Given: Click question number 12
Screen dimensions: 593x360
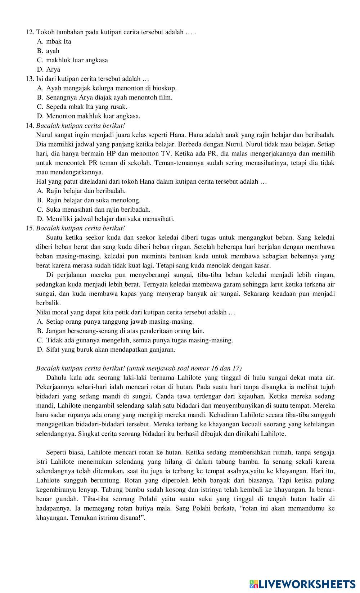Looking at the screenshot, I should (x=30, y=32).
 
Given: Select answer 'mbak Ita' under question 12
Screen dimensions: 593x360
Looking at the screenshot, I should (x=59, y=41).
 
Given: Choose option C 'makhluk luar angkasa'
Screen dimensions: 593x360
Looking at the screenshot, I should (x=77, y=60).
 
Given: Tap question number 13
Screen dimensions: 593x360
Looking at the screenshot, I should (x=30, y=78).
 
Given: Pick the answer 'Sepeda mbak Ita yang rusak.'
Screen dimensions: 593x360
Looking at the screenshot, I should (x=86, y=107).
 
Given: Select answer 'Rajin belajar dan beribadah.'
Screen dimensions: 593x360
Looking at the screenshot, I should (x=86, y=190).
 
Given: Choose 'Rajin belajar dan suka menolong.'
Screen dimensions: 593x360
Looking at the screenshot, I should (x=93, y=200).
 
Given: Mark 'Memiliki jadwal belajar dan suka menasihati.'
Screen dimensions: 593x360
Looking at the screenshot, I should (x=110, y=219).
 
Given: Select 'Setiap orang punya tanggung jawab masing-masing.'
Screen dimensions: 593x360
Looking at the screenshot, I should (x=120, y=321).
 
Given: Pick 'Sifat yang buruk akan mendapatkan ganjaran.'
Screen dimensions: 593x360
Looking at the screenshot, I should (x=111, y=349).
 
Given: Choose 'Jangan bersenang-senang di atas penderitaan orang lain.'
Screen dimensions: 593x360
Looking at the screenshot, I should (x=125, y=331).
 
